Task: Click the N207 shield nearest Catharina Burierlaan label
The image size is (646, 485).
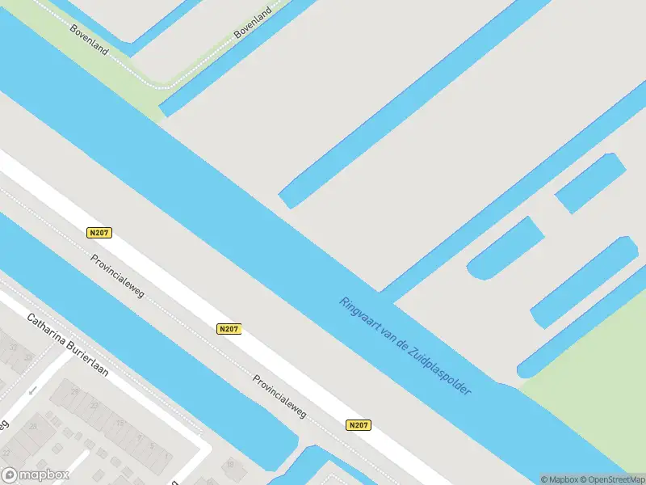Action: click(x=99, y=233)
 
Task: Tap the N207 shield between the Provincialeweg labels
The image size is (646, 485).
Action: click(x=229, y=329)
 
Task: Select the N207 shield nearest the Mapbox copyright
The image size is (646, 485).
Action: click(x=359, y=425)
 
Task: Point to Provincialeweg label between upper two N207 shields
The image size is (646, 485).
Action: click(x=118, y=276)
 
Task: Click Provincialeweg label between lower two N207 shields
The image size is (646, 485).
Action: click(x=279, y=396)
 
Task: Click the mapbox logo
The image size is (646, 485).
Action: click(x=36, y=474)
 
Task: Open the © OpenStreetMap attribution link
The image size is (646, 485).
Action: click(x=615, y=479)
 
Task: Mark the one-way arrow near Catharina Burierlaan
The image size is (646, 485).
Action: click(x=33, y=391)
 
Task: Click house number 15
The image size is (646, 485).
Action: click(x=121, y=423)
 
